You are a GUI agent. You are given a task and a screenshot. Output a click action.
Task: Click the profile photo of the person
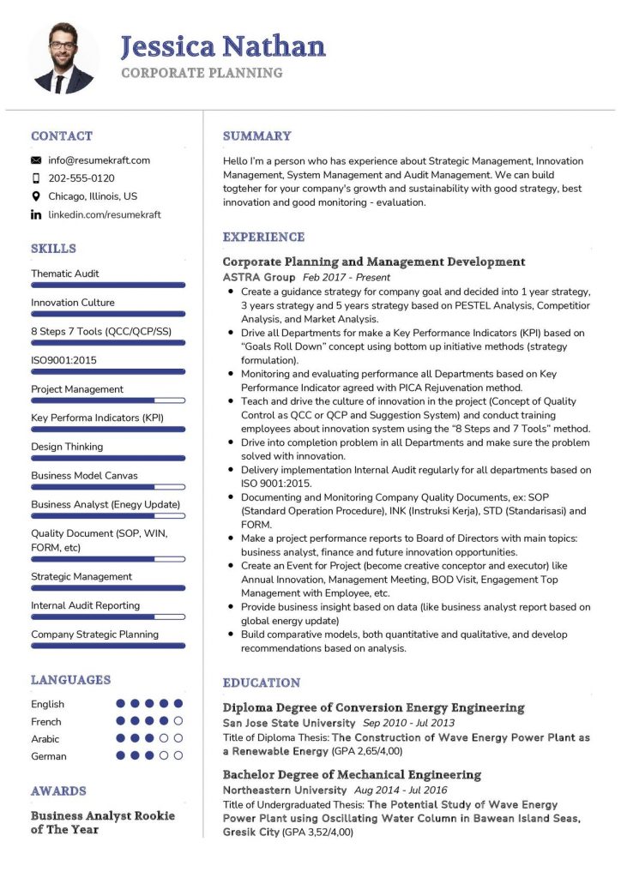point(63,58)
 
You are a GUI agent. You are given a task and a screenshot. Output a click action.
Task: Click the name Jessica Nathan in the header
point(223,45)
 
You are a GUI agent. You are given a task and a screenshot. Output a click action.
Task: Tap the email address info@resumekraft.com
point(99,160)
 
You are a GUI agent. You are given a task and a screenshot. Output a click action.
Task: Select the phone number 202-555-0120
point(81,178)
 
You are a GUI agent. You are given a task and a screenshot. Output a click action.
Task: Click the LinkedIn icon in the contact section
point(36,215)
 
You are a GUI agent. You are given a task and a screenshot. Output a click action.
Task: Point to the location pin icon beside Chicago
point(36,196)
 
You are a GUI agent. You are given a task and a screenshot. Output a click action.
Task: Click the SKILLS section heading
point(53,249)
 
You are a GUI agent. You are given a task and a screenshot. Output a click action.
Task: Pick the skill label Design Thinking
point(67,447)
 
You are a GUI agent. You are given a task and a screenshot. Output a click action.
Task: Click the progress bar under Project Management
point(108,400)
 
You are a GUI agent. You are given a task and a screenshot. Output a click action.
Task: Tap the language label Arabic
point(45,739)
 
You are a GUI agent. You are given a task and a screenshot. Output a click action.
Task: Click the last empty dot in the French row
point(178,721)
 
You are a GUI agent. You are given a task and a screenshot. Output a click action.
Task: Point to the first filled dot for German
point(121,755)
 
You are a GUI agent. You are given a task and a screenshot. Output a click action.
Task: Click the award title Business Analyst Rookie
point(102,815)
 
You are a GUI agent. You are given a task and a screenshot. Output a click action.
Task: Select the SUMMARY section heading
point(256,135)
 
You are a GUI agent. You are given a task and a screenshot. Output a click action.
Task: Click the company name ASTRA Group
point(259,278)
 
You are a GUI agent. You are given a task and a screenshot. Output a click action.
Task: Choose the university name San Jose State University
point(289,724)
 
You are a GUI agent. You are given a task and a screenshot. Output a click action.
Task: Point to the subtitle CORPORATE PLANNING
point(202,73)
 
